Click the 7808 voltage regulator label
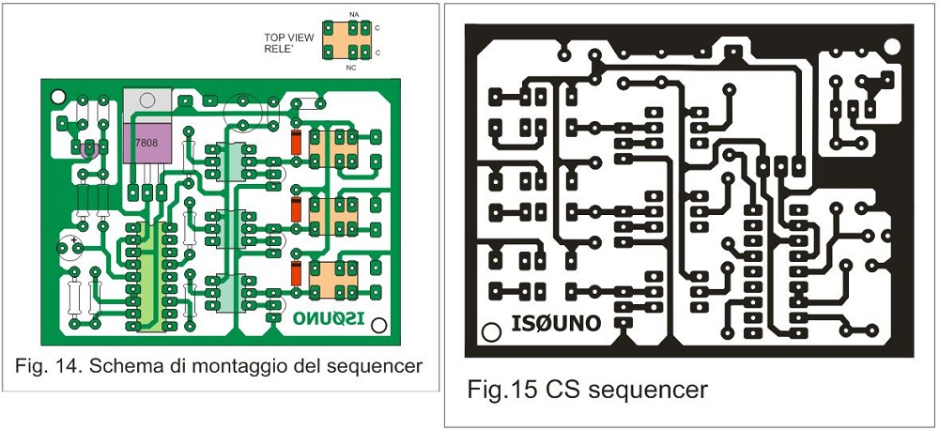point(146,143)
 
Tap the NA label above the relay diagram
point(353,15)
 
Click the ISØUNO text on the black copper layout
point(556,324)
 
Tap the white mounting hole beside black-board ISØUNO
point(489,331)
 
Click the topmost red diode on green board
point(296,144)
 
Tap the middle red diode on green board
point(296,209)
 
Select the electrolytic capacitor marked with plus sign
point(69,248)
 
